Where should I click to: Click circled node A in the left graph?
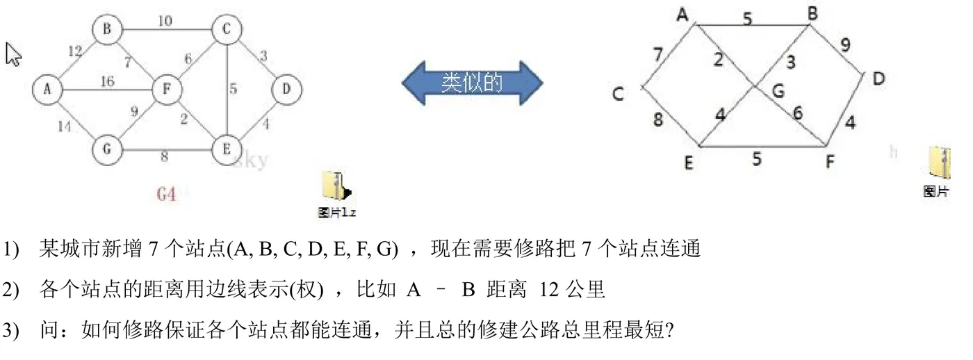47,88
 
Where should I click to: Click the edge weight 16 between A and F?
107,82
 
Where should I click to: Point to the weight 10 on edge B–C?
165,22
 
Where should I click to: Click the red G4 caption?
166,194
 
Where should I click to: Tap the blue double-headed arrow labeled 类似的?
472,83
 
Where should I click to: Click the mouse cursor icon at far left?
13,54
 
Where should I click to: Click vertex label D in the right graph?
878,79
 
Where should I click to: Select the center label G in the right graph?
778,90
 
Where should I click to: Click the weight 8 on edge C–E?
657,119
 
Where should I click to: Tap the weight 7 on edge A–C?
657,54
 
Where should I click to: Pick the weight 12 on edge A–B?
75,51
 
